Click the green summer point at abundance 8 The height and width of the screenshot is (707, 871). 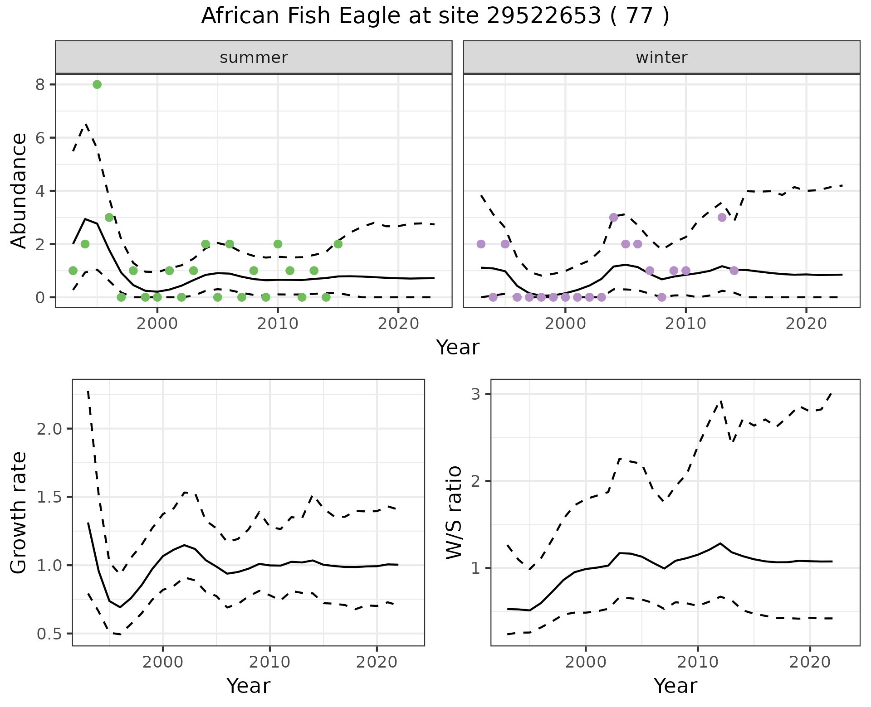(97, 84)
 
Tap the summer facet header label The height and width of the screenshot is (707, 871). (254, 58)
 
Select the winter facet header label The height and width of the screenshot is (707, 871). (661, 58)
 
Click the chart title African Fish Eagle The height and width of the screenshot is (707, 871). (435, 16)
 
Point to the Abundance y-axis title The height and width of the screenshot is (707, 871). (19, 190)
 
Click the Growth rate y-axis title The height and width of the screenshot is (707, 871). (19, 513)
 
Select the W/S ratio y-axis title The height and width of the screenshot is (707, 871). (454, 513)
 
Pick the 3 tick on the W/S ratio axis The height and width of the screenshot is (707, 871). (475, 394)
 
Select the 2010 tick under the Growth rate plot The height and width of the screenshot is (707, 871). (270, 662)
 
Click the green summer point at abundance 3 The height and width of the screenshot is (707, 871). (109, 218)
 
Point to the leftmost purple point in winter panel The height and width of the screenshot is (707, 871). (481, 244)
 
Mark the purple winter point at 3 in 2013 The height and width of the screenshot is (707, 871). (722, 218)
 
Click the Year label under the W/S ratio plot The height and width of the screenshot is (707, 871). (675, 686)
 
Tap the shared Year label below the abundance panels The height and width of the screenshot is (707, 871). (457, 348)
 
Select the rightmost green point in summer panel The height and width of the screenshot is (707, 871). (338, 244)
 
